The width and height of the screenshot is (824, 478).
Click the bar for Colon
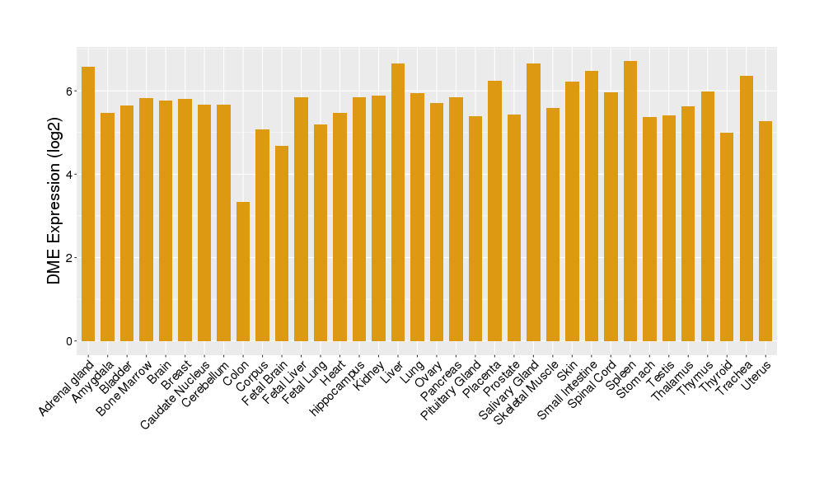click(243, 271)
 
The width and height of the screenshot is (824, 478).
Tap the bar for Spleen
click(630, 201)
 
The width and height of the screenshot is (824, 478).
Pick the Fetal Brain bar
click(282, 243)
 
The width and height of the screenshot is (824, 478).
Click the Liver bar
click(398, 202)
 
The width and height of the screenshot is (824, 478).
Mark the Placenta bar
click(494, 211)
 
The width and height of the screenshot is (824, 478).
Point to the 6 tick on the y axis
click(72, 91)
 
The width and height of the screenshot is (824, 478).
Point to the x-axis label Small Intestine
click(568, 391)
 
